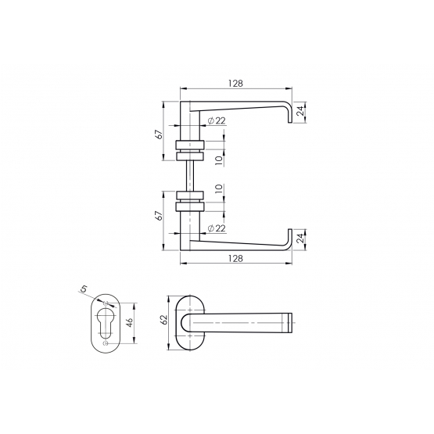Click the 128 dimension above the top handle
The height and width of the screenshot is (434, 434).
click(x=235, y=83)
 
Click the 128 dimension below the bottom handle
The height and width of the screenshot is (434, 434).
click(x=235, y=258)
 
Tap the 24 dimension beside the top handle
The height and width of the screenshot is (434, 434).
click(x=300, y=111)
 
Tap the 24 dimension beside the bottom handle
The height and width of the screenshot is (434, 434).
click(x=300, y=239)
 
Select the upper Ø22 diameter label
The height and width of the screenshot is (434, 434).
click(x=217, y=120)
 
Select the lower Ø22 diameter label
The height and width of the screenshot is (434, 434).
click(x=217, y=228)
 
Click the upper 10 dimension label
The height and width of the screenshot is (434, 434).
click(x=219, y=160)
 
